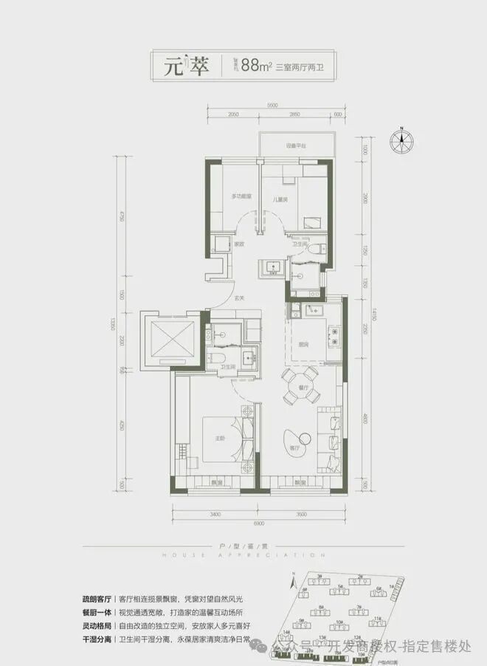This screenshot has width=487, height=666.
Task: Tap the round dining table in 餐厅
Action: [x=300, y=385]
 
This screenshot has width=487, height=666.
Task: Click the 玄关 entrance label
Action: [x=240, y=298]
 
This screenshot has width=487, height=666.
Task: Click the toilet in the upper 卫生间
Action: [x=318, y=250]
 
